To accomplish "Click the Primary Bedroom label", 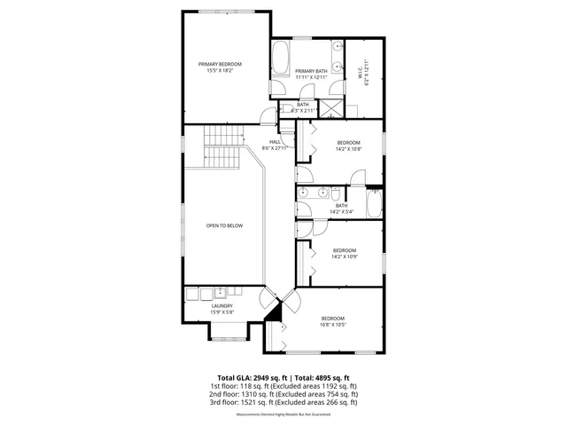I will click(x=220, y=64).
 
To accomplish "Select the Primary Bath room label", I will click(x=311, y=71).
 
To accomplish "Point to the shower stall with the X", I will click(x=331, y=110).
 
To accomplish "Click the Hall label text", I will click(x=275, y=142).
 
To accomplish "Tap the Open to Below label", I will click(x=224, y=225).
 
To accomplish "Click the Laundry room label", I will click(x=221, y=306).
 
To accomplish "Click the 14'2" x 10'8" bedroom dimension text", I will click(x=348, y=149).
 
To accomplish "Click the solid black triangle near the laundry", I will click(x=275, y=310).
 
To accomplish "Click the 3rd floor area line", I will click(x=283, y=402).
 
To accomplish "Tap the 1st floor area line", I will click(x=283, y=386).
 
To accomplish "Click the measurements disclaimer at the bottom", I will click(x=283, y=414).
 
